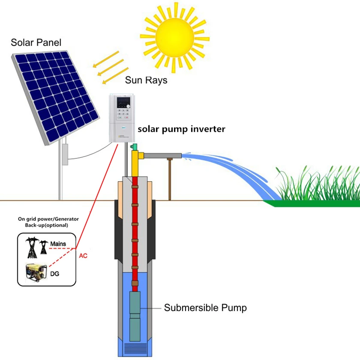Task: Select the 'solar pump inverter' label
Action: [x=181, y=129]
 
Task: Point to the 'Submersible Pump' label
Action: [x=205, y=308]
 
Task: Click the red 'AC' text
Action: [x=84, y=255]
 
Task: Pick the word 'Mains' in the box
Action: [x=58, y=244]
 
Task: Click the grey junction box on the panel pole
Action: [x=65, y=155]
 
